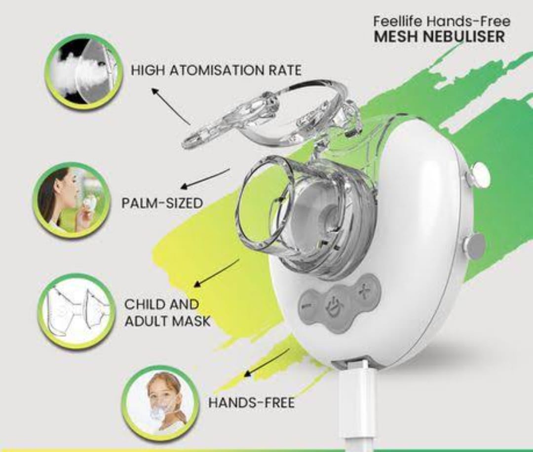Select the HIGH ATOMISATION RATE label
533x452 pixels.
(216, 71)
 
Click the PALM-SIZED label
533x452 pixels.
(162, 203)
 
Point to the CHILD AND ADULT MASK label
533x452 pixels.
(167, 313)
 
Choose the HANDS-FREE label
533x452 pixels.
(251, 403)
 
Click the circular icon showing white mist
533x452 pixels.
(85, 71)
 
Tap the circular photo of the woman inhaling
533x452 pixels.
(73, 200)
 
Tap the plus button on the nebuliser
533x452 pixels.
(364, 291)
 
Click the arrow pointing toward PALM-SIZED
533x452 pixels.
(205, 178)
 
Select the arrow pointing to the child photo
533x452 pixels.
(266, 363)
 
